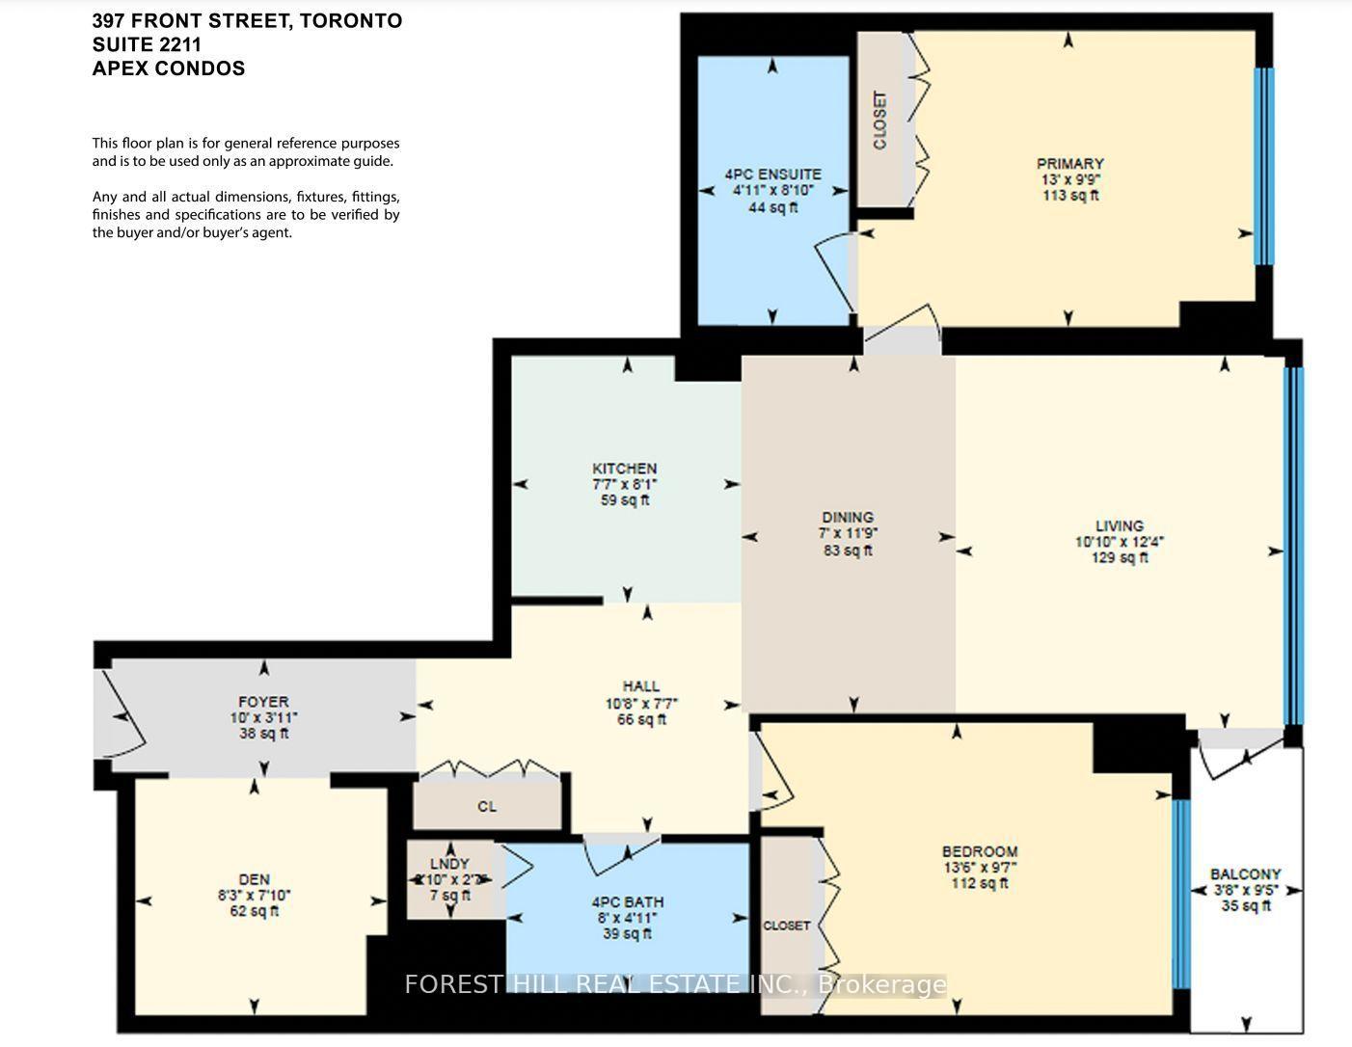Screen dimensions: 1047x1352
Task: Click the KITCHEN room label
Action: (625, 469)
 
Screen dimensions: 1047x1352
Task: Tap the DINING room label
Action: (848, 517)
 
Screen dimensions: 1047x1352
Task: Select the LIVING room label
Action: (1119, 525)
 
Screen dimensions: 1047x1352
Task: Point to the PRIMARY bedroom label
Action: (1069, 164)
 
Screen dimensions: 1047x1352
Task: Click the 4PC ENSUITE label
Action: (772, 174)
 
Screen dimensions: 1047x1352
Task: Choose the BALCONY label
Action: (1245, 874)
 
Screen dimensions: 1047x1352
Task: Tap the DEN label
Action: (254, 879)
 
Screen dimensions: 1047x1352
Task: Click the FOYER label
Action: (263, 702)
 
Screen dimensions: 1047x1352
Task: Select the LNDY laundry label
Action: (449, 864)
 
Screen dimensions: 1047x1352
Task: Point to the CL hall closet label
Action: (487, 806)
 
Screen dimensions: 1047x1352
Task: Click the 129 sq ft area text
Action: (1119, 558)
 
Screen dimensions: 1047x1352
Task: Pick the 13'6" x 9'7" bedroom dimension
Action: (980, 867)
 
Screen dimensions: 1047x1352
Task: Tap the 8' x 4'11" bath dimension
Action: (627, 918)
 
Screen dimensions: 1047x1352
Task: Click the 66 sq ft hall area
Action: (640, 719)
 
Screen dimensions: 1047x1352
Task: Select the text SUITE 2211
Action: (147, 44)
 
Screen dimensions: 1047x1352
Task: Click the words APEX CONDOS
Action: (169, 68)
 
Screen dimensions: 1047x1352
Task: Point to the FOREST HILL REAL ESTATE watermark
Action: (675, 984)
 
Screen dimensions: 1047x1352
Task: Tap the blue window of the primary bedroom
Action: (1263, 166)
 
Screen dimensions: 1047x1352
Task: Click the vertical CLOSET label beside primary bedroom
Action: (879, 121)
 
